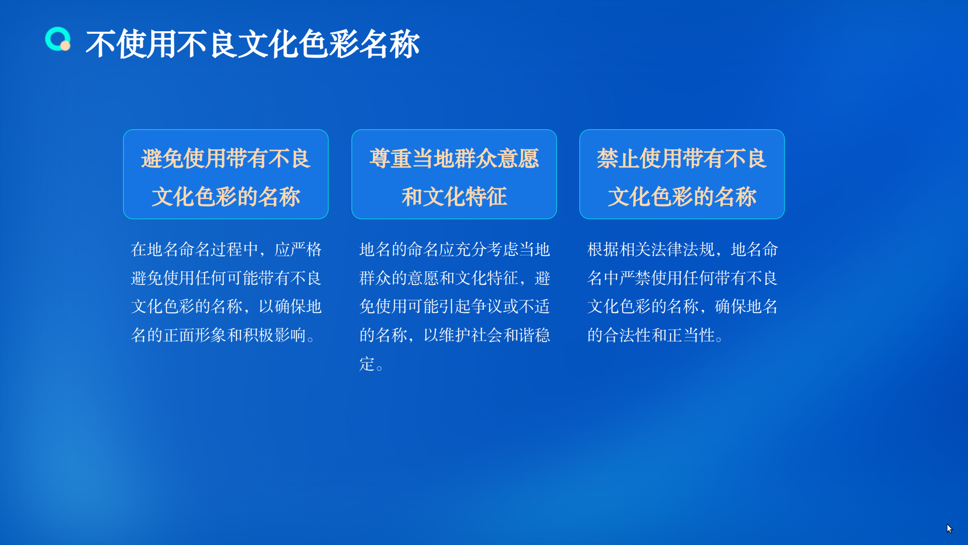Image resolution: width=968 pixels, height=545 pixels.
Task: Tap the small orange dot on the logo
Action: (x=65, y=46)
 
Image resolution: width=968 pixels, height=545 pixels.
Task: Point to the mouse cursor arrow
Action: (x=949, y=528)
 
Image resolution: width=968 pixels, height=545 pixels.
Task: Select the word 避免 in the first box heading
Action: (x=162, y=158)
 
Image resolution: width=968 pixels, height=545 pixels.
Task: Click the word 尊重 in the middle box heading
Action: (x=390, y=158)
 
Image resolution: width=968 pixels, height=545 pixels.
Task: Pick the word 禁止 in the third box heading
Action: (x=618, y=158)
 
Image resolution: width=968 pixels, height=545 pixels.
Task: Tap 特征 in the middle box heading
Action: (x=486, y=197)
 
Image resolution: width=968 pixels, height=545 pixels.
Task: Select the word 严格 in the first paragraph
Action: (x=306, y=249)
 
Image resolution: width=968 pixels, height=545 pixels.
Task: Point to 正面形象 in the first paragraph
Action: (x=195, y=335)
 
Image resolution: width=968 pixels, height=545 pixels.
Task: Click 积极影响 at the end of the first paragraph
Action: (x=275, y=335)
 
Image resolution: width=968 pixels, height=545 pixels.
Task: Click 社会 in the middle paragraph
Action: (x=487, y=335)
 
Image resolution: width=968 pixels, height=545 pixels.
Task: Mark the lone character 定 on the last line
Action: (x=367, y=364)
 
